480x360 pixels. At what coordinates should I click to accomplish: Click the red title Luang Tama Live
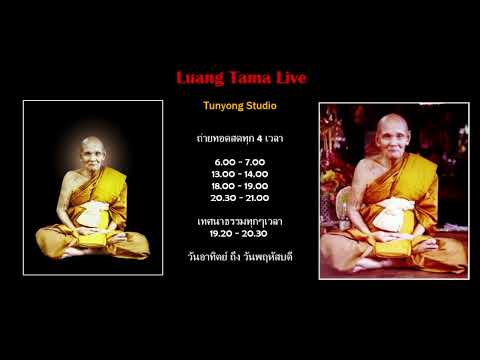tap(241, 77)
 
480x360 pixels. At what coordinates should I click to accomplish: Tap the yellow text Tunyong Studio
tap(241, 105)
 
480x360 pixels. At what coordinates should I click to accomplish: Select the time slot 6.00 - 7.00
tap(241, 161)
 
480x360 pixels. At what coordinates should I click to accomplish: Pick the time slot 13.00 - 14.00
tap(241, 173)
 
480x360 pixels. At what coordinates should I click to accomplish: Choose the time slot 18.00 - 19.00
tap(241, 185)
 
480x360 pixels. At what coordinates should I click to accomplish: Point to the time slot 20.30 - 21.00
tap(241, 197)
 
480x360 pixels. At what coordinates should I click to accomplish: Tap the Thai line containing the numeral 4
tap(241, 138)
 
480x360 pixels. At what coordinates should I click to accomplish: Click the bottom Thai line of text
tap(241, 256)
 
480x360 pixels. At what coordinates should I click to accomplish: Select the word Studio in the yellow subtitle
tap(260, 105)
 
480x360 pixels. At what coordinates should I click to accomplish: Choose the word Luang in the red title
tap(198, 77)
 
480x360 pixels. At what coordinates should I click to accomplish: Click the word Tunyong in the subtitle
tap(222, 105)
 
